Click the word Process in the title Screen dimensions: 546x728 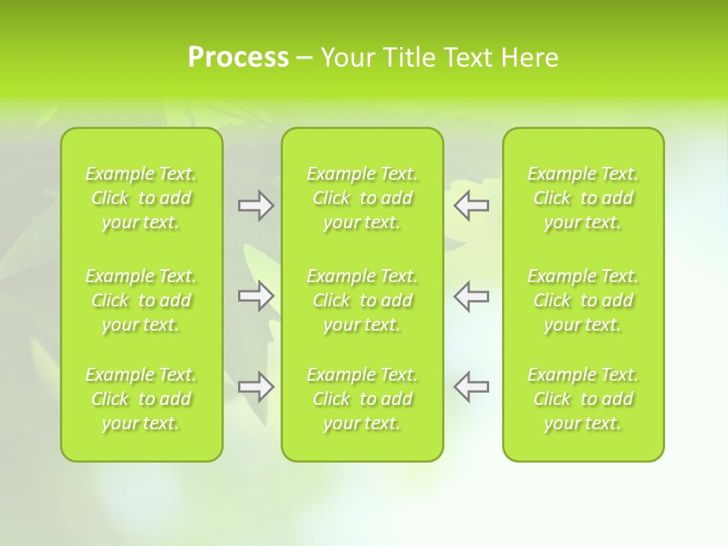(x=238, y=58)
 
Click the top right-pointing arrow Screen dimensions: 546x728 (x=256, y=206)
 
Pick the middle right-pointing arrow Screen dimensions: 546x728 (x=256, y=296)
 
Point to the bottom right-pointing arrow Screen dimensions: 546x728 (x=256, y=387)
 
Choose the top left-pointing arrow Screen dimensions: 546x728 (x=472, y=206)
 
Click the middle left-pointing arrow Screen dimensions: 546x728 (x=472, y=296)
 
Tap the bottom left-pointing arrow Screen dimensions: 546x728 (x=472, y=387)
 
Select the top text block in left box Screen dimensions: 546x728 (x=141, y=198)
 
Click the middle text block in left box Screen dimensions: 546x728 (x=141, y=300)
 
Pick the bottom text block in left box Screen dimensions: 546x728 (x=141, y=399)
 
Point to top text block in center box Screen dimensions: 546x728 (x=362, y=198)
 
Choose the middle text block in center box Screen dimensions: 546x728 (x=362, y=300)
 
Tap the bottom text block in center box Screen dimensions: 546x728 (x=362, y=399)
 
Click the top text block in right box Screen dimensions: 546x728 (x=582, y=198)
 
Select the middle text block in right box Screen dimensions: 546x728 (x=582, y=300)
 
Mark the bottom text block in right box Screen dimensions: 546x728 (x=582, y=399)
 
